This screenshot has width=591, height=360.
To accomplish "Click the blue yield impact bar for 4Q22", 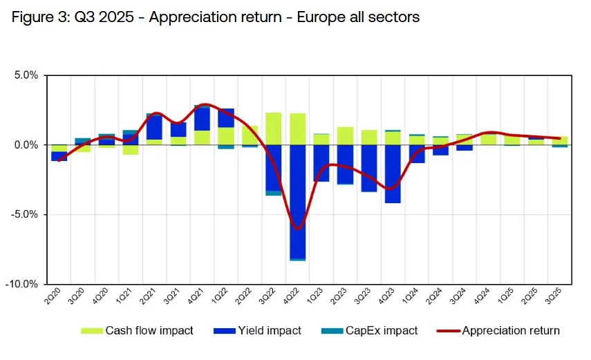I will coord(298,200).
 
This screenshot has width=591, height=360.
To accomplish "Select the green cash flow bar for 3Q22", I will coord(273,129).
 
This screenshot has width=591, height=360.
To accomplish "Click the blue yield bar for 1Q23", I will coord(321,163).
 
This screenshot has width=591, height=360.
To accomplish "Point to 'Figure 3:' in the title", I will coord(38,17).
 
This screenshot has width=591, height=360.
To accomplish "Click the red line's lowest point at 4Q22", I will coord(298,229).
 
